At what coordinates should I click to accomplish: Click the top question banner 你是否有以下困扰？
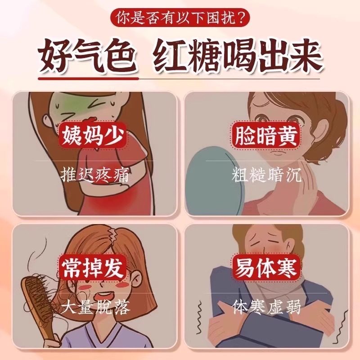pos(180,18)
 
